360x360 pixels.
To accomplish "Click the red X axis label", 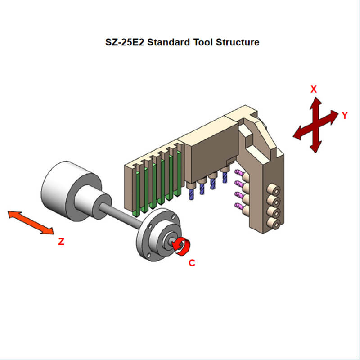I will click(314, 89).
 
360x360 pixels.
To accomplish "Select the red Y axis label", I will click(345, 115).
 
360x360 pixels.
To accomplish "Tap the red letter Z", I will click(61, 242).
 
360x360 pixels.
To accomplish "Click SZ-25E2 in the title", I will click(123, 43).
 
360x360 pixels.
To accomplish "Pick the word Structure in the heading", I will click(238, 43).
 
